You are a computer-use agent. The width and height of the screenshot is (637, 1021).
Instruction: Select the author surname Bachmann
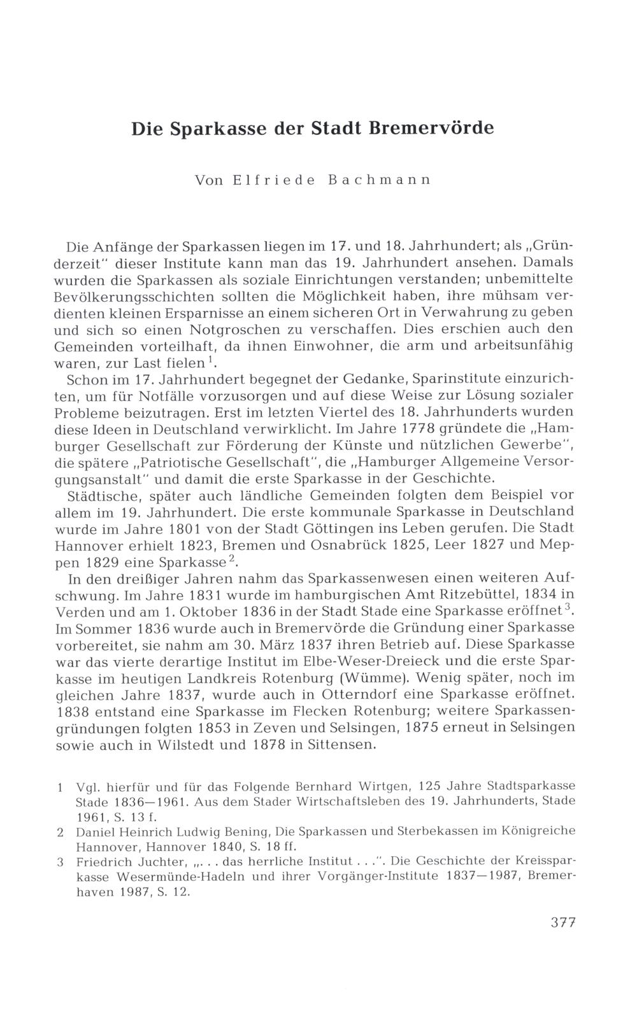(380, 180)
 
